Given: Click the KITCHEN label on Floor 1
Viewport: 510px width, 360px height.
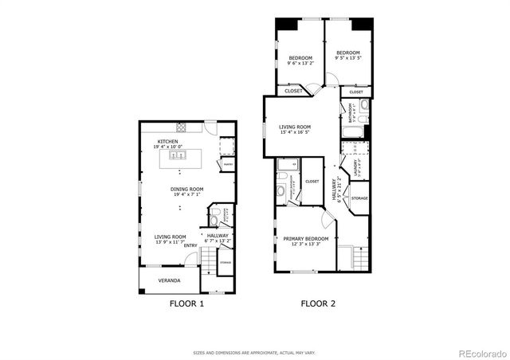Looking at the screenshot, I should pos(167,141).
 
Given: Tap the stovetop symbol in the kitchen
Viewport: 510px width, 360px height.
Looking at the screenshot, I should pos(181,127).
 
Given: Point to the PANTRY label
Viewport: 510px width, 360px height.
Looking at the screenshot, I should pos(227,165).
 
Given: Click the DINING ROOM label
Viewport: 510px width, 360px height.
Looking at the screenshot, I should pos(187,189).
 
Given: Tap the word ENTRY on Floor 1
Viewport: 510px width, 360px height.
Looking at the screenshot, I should pos(190,245).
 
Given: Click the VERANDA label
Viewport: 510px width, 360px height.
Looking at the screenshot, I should pos(167,280).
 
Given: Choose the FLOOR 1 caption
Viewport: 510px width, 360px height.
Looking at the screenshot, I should pos(187,303).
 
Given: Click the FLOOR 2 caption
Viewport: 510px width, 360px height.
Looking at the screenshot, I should pos(318,303).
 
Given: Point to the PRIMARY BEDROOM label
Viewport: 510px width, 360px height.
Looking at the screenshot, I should pos(306,238).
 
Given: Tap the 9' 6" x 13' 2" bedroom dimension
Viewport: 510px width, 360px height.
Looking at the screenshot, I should pos(301,63).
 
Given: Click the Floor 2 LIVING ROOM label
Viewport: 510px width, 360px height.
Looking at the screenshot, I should pos(295,127).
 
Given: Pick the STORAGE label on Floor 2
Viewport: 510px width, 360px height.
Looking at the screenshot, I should pos(359,198).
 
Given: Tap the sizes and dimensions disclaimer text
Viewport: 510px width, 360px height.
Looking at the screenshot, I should pos(254,352).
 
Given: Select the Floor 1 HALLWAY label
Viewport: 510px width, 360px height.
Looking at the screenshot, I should pos(218,236).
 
